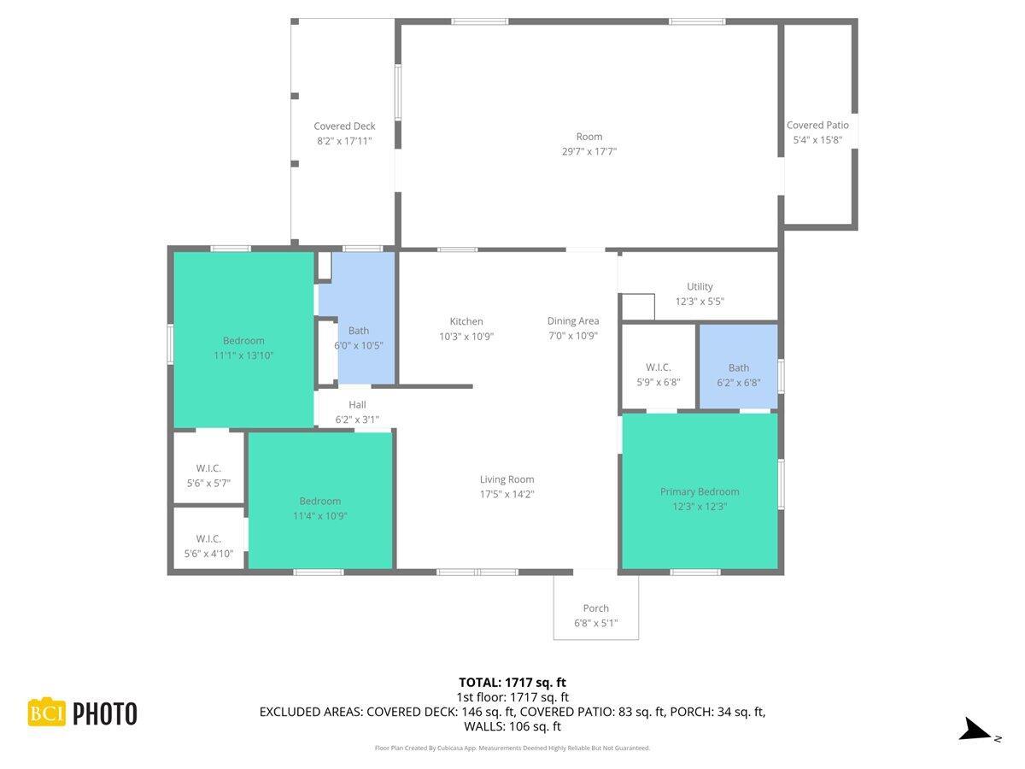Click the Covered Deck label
[x=344, y=126]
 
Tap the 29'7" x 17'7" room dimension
[x=589, y=151]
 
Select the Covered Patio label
[x=817, y=126]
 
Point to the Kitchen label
[x=466, y=321]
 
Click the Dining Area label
[x=573, y=321]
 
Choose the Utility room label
[x=700, y=286]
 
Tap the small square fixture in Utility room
[x=637, y=307]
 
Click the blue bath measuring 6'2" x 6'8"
[x=739, y=367]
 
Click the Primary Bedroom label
[x=700, y=491]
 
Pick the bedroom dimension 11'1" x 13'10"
[x=243, y=355]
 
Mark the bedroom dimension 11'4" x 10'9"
[x=319, y=516]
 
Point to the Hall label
[x=357, y=405]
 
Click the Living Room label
[x=507, y=479]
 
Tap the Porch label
[x=595, y=608]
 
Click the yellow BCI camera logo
[x=47, y=712]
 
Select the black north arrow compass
[x=975, y=730]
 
